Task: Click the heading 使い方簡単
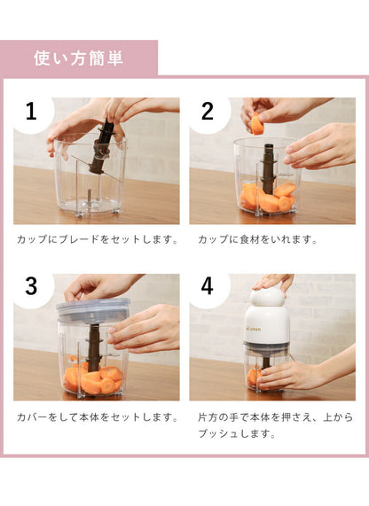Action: (79, 58)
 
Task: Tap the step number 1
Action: (31, 112)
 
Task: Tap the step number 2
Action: (208, 112)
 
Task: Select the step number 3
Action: (31, 286)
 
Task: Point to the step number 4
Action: (208, 286)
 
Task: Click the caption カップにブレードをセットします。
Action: (97, 239)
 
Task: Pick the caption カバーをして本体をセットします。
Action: (97, 416)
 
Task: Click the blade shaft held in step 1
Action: (100, 146)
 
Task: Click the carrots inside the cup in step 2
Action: (267, 199)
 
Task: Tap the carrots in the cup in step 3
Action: (92, 378)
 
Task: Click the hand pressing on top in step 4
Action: (272, 282)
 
